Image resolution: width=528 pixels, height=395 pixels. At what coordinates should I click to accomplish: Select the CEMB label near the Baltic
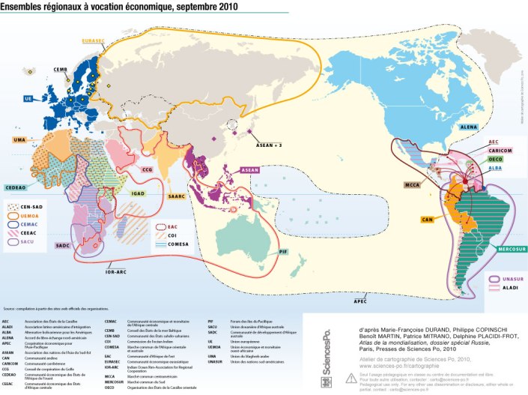(61, 70)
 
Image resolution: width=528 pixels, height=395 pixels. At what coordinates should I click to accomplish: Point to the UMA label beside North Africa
(19, 140)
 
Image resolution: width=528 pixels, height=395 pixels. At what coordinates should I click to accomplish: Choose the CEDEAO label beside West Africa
(16, 187)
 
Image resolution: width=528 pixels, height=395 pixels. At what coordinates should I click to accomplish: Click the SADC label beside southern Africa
(64, 245)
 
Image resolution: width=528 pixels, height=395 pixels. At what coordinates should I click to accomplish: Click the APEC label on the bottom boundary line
(360, 301)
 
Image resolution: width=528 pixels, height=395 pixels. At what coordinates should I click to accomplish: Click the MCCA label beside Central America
(410, 184)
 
